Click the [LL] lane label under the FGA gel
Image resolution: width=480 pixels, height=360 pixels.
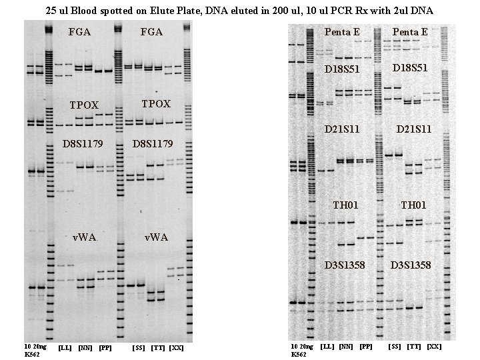(65, 348)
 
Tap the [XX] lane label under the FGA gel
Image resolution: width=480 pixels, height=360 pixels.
(176, 348)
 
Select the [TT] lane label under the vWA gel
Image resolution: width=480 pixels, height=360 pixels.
(158, 348)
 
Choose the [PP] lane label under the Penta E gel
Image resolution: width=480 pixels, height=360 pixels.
(366, 347)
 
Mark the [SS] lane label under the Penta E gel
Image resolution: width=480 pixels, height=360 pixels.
(395, 347)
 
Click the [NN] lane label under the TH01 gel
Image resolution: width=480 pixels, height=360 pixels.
(346, 347)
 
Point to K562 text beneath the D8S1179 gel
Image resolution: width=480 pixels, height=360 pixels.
(32, 355)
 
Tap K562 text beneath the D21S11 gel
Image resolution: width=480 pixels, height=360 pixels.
(299, 355)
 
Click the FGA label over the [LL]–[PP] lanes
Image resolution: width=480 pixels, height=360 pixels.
(80, 31)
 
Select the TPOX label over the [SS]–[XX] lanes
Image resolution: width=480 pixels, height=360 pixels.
(156, 104)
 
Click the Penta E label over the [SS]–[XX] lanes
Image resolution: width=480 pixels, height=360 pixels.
(411, 32)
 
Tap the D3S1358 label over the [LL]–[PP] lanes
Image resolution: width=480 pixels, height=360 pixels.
(345, 265)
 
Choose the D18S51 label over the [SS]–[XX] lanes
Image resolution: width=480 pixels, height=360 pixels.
(411, 68)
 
